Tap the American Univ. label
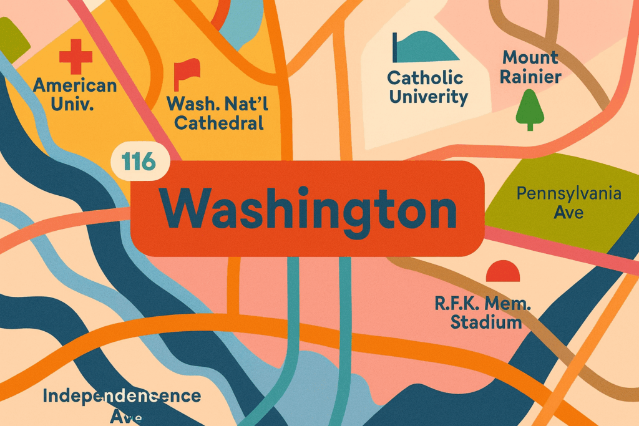click(x=75, y=94)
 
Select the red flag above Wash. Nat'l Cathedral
click(x=185, y=74)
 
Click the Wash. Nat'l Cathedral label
click(x=218, y=113)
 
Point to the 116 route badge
click(x=139, y=162)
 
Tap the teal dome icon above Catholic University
click(x=424, y=47)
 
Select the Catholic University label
click(x=427, y=87)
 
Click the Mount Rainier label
click(x=531, y=67)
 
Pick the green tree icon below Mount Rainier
click(x=530, y=109)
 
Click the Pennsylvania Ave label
click(x=568, y=203)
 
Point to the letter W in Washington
click(x=182, y=209)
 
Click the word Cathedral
click(x=218, y=123)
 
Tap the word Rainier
click(x=531, y=77)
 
